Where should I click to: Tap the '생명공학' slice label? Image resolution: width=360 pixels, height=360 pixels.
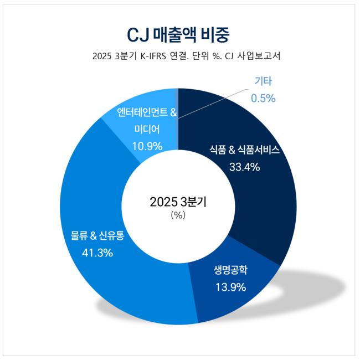(230, 271)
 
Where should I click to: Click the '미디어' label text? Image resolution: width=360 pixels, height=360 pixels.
(147, 130)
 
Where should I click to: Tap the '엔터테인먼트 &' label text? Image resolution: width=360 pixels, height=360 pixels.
(147, 114)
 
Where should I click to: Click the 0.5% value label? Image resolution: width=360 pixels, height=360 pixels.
(263, 98)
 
